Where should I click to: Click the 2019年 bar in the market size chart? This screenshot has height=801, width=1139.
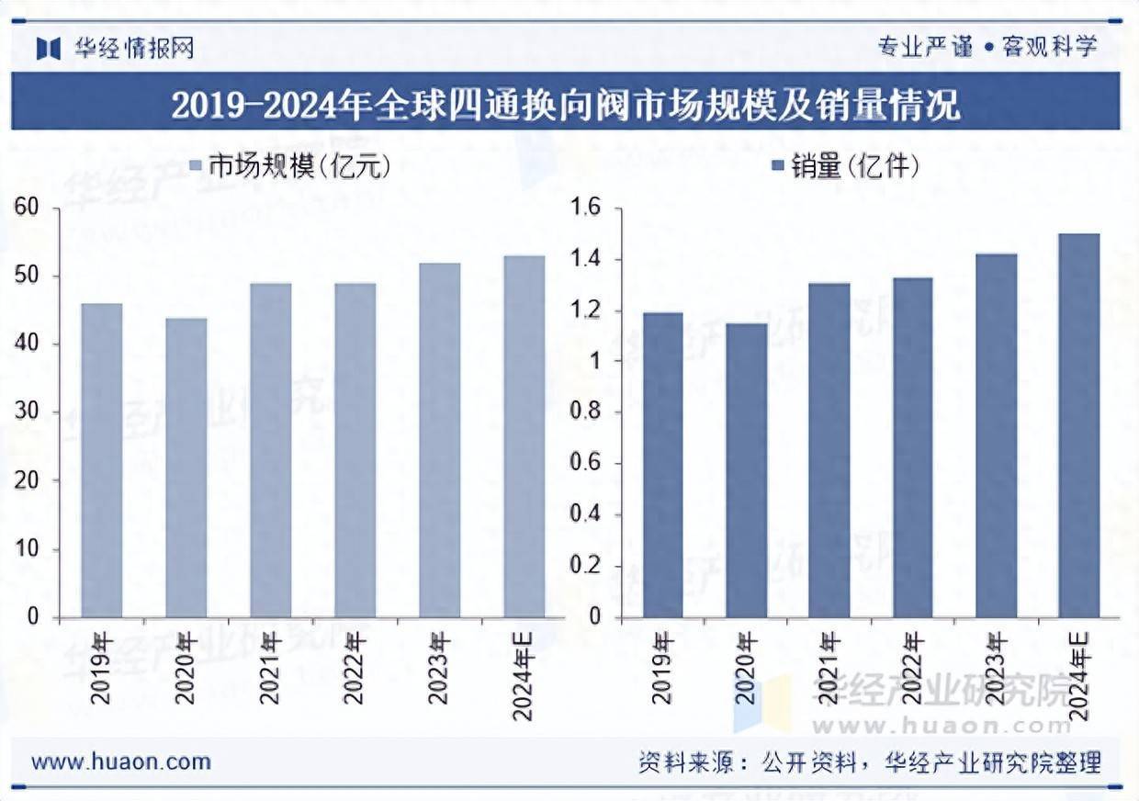[x=101, y=460]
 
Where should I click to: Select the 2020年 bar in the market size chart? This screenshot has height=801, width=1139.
[x=186, y=468]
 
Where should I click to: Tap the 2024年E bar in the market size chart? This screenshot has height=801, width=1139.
[x=524, y=436]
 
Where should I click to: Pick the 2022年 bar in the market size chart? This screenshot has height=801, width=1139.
[x=355, y=450]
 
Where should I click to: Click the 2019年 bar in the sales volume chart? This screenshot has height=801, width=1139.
[x=662, y=465]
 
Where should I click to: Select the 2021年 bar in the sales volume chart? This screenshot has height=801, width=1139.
[x=829, y=450]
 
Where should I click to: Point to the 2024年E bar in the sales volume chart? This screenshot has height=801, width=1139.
[x=1078, y=425]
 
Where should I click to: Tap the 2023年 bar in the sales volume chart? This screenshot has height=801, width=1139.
[x=996, y=435]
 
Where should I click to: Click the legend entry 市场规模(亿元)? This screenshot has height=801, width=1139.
[x=290, y=165]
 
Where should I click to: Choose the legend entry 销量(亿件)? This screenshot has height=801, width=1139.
[x=845, y=165]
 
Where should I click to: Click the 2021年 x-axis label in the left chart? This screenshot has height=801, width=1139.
[x=269, y=668]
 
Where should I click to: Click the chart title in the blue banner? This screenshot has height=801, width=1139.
[x=566, y=104]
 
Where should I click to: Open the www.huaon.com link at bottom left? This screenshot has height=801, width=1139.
[x=121, y=762]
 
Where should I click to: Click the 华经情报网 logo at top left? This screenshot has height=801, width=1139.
[x=116, y=48]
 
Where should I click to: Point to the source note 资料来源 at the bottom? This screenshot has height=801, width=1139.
[x=869, y=762]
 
